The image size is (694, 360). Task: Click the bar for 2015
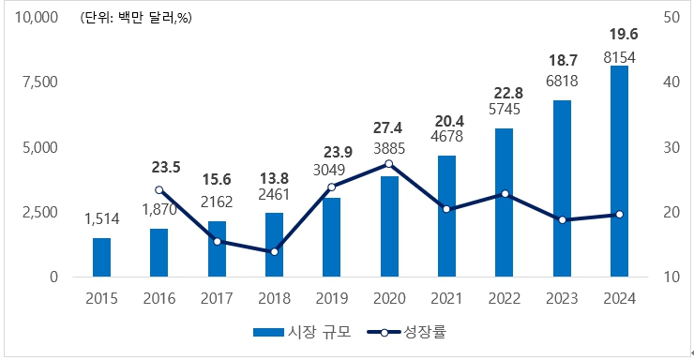tap(101, 258)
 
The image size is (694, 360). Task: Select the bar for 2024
tap(619, 172)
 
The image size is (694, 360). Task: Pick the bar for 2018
tap(274, 245)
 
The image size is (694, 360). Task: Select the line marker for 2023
tap(562, 219)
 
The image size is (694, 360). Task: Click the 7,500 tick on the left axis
tap(39, 82)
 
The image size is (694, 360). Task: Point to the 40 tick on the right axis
tap(671, 82)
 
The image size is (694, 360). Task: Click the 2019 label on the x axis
tap(331, 298)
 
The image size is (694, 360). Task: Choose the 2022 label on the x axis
tap(504, 298)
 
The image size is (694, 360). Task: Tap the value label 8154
tap(619, 58)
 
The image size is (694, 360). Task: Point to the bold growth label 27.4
tap(388, 127)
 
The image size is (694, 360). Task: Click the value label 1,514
tap(101, 218)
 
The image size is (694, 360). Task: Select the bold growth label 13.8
tap(274, 177)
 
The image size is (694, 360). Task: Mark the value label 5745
tap(504, 110)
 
